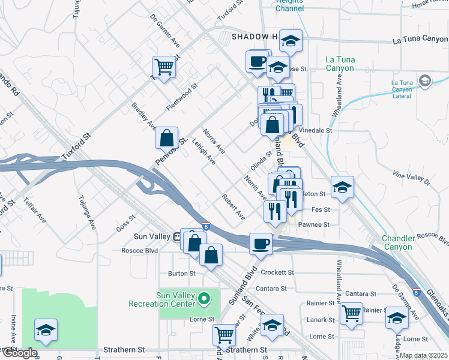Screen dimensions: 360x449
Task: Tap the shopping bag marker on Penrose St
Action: pyautogui.click(x=167, y=137)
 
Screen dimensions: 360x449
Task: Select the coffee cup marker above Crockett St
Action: pyautogui.click(x=261, y=244)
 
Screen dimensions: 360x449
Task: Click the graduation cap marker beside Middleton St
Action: pyautogui.click(x=342, y=187)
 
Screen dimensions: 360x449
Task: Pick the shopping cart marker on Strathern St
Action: pyautogui.click(x=224, y=335)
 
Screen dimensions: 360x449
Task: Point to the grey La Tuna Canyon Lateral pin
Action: pyautogui.click(x=425, y=80)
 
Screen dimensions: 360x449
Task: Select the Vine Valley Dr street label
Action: pyautogui.click(x=411, y=176)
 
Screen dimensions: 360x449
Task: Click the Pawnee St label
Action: pyautogui.click(x=319, y=224)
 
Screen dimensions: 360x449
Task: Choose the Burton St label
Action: pyautogui.click(x=182, y=274)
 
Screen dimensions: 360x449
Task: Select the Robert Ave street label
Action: pyautogui.click(x=233, y=206)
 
